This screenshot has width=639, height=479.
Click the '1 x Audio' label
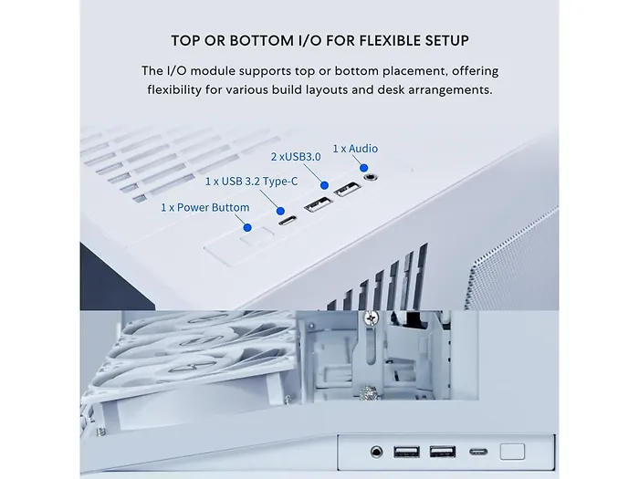click(354, 149)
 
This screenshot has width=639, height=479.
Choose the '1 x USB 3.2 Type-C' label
click(251, 182)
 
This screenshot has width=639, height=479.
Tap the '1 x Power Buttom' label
click(204, 207)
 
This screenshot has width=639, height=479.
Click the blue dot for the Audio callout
click(362, 167)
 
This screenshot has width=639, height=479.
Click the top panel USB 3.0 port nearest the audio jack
click(347, 192)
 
